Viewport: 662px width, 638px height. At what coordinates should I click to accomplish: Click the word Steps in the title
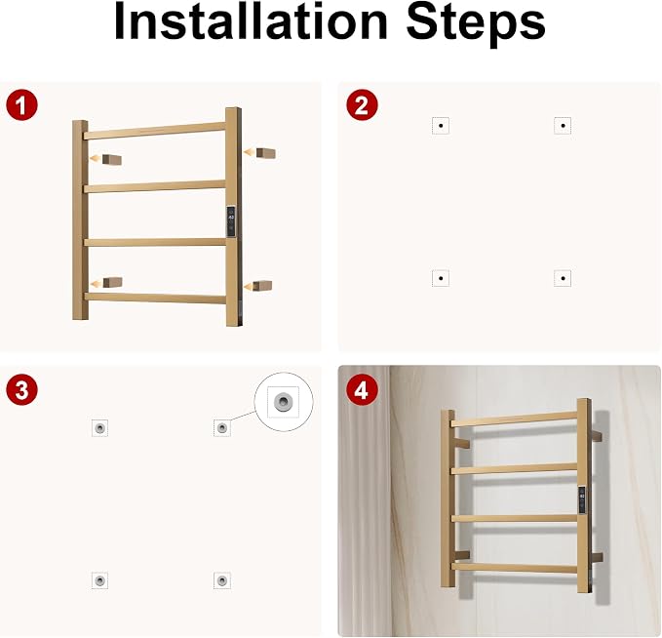point(476,25)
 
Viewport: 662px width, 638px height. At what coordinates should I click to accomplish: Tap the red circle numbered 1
point(22,105)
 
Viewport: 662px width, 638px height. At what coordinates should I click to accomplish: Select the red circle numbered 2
point(362,105)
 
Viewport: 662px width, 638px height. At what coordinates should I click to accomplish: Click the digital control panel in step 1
point(231,221)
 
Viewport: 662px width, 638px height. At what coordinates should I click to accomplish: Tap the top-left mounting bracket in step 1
point(112,160)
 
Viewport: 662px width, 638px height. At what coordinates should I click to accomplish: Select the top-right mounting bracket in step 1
point(266,153)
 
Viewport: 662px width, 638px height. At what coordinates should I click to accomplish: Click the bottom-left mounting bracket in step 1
point(113,282)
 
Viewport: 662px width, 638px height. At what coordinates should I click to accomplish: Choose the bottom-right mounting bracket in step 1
point(262,285)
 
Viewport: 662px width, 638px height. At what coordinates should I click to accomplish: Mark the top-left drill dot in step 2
point(441,126)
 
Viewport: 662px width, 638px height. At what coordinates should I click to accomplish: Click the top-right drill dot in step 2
point(563,126)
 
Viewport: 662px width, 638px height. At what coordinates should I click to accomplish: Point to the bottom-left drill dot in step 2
point(441,278)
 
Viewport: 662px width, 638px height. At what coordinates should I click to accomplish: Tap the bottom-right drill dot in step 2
point(563,278)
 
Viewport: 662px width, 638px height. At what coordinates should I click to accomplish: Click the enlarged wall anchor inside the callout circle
point(284,401)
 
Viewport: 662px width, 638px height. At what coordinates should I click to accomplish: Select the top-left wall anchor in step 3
point(100,428)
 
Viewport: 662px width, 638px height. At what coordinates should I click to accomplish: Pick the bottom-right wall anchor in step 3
point(222,580)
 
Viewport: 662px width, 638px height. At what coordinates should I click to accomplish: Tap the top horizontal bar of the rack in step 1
point(155,131)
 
